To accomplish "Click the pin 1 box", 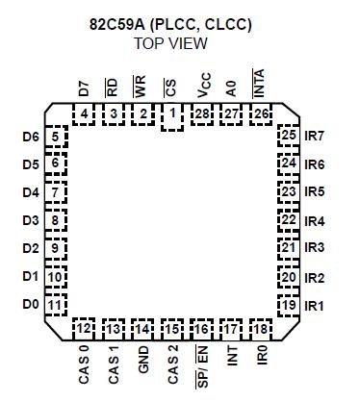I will tap(173, 116).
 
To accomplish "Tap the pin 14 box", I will tap(143, 329).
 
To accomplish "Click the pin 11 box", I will tap(57, 306).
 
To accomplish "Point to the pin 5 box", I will tap(57, 138).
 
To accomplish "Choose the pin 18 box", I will tap(261, 329).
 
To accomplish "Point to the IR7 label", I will tap(315, 137).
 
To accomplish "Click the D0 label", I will tap(30, 306).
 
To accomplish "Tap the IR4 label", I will tap(315, 221).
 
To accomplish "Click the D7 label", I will tap(85, 88).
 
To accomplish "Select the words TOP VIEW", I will tap(179, 43).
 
